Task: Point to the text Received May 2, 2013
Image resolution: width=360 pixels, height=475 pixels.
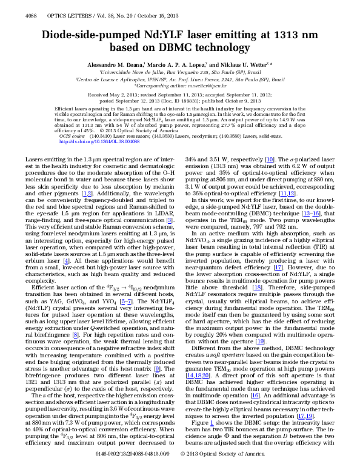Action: click(113, 95)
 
